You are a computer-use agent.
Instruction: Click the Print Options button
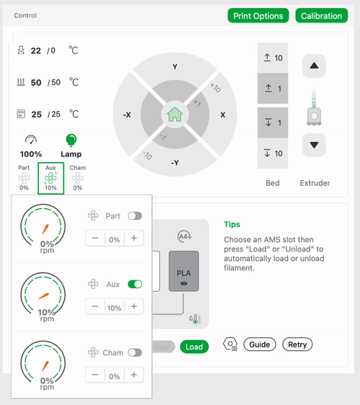[258, 16]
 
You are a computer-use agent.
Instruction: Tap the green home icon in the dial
[175, 115]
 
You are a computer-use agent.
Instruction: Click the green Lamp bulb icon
[71, 141]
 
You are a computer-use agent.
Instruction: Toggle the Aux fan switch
[135, 284]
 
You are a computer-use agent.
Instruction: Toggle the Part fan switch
[135, 216]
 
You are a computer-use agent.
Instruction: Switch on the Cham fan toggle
[135, 352]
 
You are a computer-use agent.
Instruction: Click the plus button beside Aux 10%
[134, 306]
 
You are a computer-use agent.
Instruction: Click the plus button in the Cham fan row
[134, 375]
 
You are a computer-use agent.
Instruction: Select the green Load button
[194, 347]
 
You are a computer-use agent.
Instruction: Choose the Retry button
[297, 344]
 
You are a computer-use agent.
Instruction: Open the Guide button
[260, 344]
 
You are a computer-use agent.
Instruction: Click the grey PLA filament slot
[184, 271]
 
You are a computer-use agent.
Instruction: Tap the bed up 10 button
[273, 58]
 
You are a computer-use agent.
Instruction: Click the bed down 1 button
[273, 123]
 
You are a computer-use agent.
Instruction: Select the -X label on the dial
[127, 115]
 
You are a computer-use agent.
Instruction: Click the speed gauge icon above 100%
[31, 140]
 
